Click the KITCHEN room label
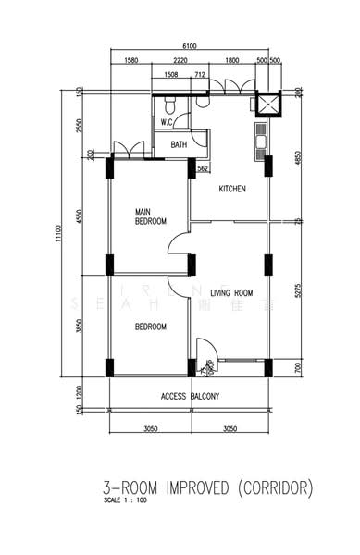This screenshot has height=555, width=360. [231, 190]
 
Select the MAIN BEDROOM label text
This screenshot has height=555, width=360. [150, 216]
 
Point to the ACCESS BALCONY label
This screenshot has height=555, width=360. [190, 396]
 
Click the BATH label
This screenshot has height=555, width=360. [179, 144]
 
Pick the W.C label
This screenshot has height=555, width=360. [168, 121]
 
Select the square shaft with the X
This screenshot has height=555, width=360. [269, 103]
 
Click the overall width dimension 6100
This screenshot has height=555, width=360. [190, 46]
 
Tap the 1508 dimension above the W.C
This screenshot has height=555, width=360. [171, 74]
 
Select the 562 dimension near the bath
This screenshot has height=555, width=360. [204, 168]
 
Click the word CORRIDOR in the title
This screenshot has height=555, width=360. [274, 486]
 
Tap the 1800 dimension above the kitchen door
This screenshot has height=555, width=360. [232, 61]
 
